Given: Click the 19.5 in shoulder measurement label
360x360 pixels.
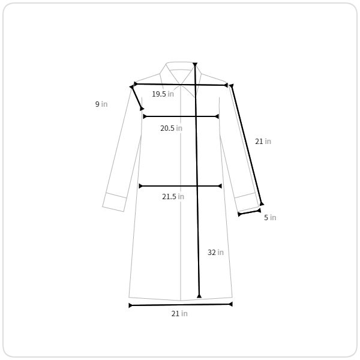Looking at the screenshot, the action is click(x=163, y=94).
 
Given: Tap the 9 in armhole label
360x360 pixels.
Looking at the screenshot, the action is click(x=101, y=104).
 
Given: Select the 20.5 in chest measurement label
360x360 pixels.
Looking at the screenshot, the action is click(x=171, y=128).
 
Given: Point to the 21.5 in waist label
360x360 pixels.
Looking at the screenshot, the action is click(x=173, y=197).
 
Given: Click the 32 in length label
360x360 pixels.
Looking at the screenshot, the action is click(x=215, y=253).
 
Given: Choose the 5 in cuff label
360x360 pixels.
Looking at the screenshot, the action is click(x=270, y=217).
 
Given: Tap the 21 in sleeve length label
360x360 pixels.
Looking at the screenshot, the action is click(x=263, y=141).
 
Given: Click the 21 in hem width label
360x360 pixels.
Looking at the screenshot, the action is click(x=179, y=313).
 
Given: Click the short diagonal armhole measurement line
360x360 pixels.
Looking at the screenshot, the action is click(x=137, y=98).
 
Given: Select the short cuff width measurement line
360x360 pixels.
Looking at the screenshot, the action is click(x=250, y=212).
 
